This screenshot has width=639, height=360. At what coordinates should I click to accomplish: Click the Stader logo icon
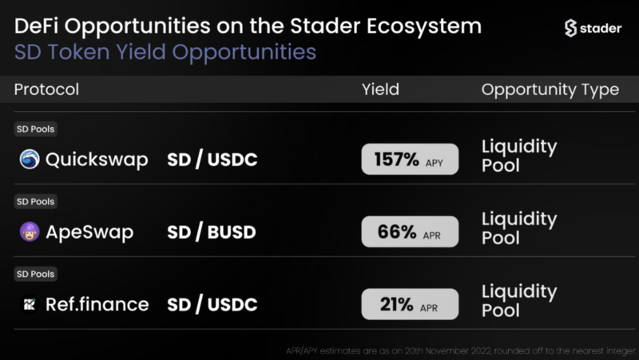pos(570,28)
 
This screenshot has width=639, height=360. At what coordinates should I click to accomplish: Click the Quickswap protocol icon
pos(30,159)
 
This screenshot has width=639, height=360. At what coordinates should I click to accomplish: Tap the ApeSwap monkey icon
pos(30,231)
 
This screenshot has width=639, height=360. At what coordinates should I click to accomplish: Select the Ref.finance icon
pos(30,304)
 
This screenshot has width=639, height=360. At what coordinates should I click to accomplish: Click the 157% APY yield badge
pos(410,159)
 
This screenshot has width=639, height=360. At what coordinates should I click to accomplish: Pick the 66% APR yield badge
pos(410,231)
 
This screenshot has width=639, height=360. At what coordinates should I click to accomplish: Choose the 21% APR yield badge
pos(410,304)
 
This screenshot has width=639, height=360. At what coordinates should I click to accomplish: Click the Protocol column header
pos(46,89)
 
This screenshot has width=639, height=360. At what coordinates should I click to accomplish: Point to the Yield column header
pos(381,89)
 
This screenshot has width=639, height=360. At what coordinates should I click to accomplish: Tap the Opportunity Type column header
pos(550,90)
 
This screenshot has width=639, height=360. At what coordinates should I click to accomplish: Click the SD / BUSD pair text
pos(212,231)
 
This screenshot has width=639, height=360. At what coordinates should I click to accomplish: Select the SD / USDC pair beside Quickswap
pos(212,159)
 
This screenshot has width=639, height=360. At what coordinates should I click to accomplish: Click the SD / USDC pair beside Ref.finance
pos(212,305)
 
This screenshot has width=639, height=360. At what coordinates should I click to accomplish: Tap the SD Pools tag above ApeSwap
pos(35,202)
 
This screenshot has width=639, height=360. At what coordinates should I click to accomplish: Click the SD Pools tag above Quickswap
pos(35,129)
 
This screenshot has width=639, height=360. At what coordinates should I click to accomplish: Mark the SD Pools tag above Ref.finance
pos(35,274)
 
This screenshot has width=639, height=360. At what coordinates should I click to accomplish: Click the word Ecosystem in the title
pos(424,27)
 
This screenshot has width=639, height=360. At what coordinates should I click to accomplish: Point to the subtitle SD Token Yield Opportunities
pos(165,53)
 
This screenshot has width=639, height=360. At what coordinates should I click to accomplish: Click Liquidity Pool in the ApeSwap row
pos(519,228)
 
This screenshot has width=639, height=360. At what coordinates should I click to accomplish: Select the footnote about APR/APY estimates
pos(462,350)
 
